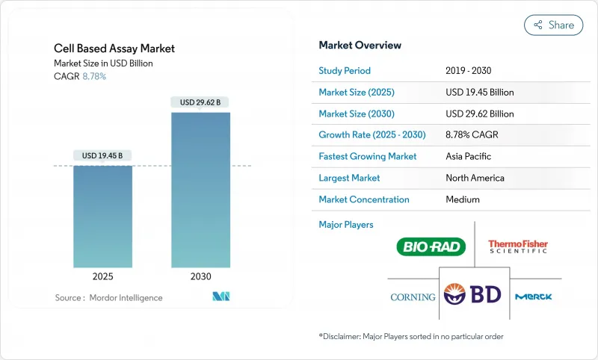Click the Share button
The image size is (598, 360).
click(553, 25)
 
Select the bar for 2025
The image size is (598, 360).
click(103, 217)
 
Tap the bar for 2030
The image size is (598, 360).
click(200, 190)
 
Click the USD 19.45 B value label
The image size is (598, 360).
click(103, 155)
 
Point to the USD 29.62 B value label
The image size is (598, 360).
click(200, 102)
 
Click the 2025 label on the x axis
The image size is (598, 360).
click(103, 276)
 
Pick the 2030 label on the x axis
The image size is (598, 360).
click(200, 276)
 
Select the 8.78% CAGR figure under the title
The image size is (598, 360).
click(93, 76)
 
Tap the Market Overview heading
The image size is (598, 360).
click(360, 45)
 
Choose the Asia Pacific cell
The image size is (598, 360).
click(469, 157)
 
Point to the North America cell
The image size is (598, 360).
click(475, 178)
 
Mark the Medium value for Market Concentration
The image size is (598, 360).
click(462, 199)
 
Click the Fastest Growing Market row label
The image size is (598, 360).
click(368, 157)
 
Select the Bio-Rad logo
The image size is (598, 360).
click(431, 246)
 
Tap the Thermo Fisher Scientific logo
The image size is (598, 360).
click(517, 246)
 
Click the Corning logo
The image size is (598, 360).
click(413, 297)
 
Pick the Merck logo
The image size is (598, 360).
click(534, 297)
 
